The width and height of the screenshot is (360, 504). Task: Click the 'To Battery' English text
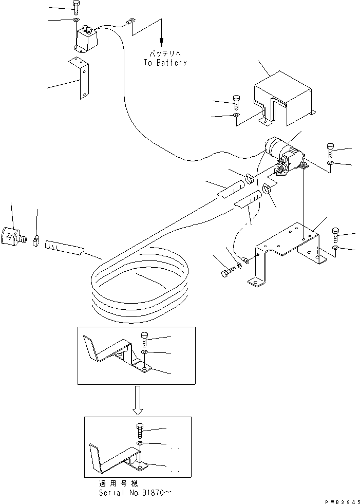point(165,63)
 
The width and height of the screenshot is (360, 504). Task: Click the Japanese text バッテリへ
point(165,53)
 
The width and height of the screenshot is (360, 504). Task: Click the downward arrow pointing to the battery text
point(162,39)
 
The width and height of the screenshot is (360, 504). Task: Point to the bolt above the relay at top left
point(76,8)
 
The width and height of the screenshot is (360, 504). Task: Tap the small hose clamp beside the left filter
point(36,239)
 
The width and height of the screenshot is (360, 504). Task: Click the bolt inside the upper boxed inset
point(143,340)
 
